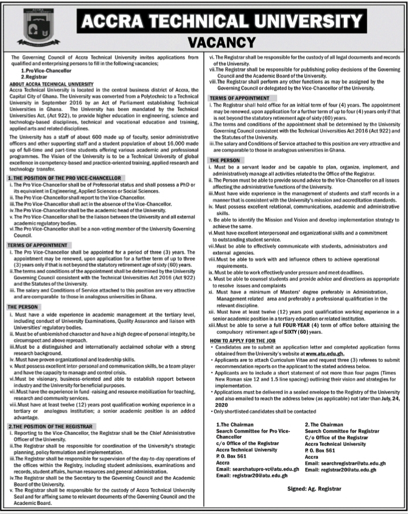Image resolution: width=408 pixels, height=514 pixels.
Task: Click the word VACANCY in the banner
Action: click(x=221, y=42)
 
